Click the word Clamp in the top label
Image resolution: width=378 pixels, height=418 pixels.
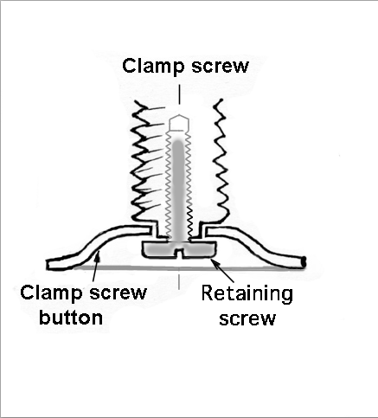point(153,67)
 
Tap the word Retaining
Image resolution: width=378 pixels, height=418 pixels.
point(247,294)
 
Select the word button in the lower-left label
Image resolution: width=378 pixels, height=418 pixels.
point(71,317)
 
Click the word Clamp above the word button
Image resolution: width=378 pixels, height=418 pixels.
point(51,293)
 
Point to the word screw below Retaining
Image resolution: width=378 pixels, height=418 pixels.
point(247,318)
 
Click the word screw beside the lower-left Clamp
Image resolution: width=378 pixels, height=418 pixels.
point(118,293)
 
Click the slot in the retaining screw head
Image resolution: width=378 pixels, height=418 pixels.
point(179,252)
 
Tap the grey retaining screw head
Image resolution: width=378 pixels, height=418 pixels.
point(179,249)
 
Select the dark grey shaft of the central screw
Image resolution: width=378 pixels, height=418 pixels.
point(178,190)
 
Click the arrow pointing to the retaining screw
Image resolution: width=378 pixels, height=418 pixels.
point(222,270)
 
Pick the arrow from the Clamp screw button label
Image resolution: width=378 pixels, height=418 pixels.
point(96,266)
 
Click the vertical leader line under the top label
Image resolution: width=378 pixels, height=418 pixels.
point(179,94)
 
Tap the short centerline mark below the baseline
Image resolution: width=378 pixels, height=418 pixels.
point(179,281)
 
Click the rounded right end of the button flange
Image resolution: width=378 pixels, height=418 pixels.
point(304,262)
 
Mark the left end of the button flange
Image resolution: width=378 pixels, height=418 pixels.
point(48,265)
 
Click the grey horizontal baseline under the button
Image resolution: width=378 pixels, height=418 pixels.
point(189,268)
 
